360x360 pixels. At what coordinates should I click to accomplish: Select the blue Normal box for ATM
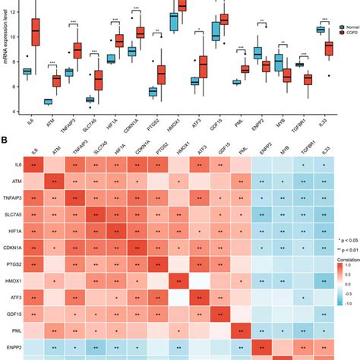(x=48, y=101)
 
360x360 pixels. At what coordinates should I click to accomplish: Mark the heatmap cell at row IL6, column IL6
(x=35, y=163)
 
